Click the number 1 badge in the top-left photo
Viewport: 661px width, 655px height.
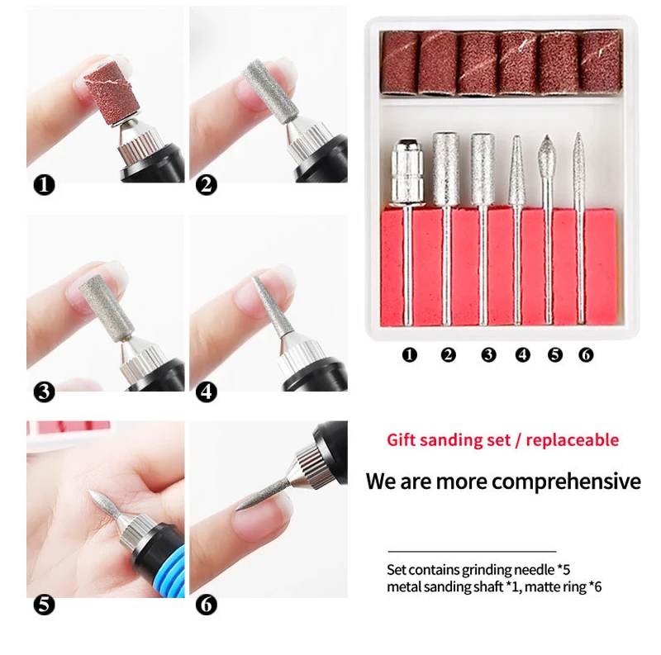coord(44,184)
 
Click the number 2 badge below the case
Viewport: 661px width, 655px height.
coord(448,355)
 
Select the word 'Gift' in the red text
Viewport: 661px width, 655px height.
coord(402,439)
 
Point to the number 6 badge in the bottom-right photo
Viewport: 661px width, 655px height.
coord(207,605)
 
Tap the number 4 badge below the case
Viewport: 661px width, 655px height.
coord(522,355)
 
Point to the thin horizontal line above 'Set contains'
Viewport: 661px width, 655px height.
coord(472,551)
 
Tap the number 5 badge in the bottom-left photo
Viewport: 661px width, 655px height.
coord(44,605)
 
